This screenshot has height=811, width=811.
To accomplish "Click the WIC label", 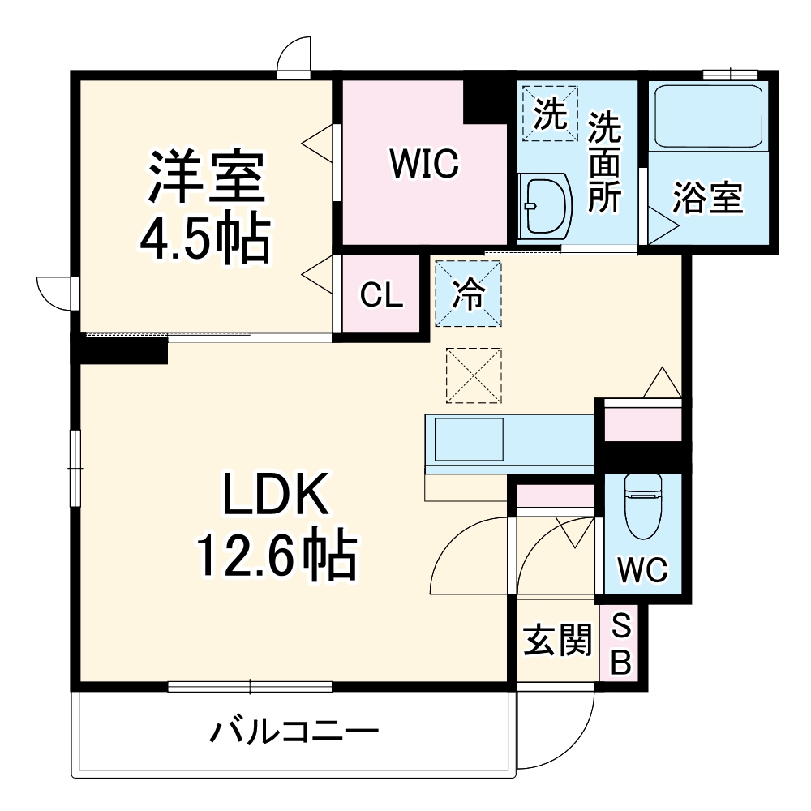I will click(x=424, y=165).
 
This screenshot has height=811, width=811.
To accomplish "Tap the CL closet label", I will click(x=381, y=296).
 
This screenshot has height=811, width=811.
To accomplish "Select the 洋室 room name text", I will click(x=205, y=178).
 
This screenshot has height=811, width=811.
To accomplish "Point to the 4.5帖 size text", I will click(x=204, y=237).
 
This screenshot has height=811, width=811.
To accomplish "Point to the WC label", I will click(x=642, y=570).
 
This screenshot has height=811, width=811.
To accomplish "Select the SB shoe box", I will click(x=620, y=645).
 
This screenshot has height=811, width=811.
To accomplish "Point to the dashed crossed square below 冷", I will click(x=474, y=375).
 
